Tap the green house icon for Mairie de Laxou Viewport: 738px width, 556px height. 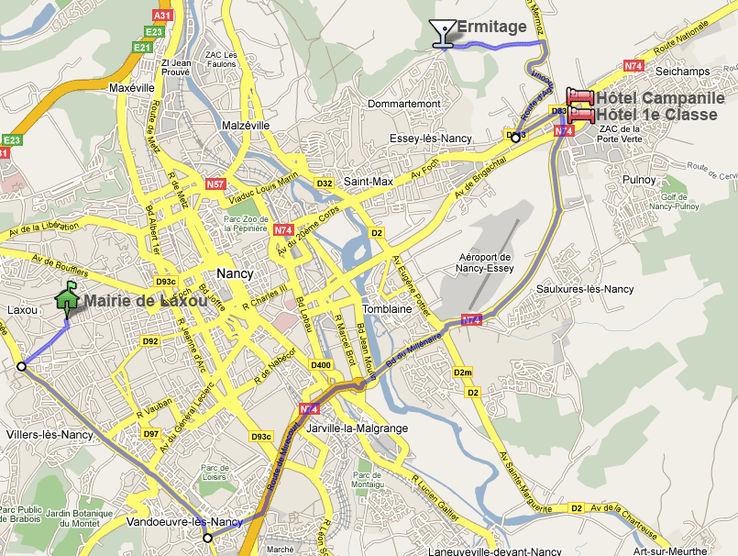pyautogui.click(x=67, y=299)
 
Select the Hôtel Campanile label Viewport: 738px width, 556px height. pyautogui.click(x=660, y=98)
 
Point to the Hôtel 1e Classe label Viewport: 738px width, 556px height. pyautogui.click(x=656, y=115)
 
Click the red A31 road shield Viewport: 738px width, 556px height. pyautogui.click(x=162, y=16)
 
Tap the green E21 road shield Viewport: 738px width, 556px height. pyautogui.click(x=141, y=47)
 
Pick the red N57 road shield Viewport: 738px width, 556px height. pyautogui.click(x=215, y=184)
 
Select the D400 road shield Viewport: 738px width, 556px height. pyautogui.click(x=321, y=365)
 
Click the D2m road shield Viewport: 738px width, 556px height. pyautogui.click(x=463, y=372)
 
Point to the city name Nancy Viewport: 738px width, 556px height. pyautogui.click(x=235, y=273)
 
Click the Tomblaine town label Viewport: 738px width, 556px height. pyautogui.click(x=388, y=309)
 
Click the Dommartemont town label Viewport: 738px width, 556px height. pyautogui.click(x=403, y=104)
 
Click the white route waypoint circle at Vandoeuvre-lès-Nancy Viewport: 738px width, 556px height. pyautogui.click(x=208, y=538)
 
